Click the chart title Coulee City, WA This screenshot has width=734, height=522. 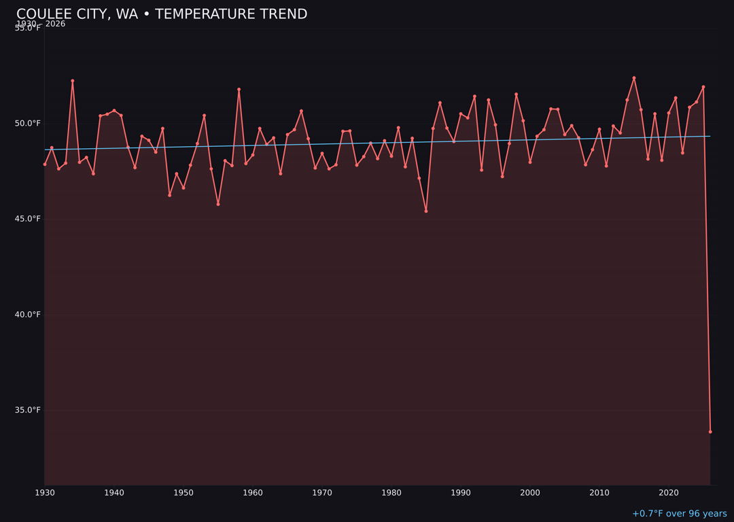[x=162, y=14]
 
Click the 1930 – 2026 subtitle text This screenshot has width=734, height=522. [x=41, y=24]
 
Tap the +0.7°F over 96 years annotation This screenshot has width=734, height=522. [x=679, y=514]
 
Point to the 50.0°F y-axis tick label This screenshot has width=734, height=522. [x=28, y=123]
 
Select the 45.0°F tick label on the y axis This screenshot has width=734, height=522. [x=28, y=218]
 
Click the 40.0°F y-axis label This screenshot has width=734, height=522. [x=28, y=314]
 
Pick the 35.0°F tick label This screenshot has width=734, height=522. [x=28, y=410]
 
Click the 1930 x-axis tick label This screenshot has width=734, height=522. [x=45, y=493]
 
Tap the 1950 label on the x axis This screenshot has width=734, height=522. [x=183, y=493]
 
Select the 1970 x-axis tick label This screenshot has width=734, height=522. [x=322, y=493]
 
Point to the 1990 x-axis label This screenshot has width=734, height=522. [x=461, y=493]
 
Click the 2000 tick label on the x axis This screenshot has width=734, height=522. [x=530, y=493]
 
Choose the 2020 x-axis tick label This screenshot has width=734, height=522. [x=669, y=493]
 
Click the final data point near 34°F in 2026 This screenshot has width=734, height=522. [x=710, y=432]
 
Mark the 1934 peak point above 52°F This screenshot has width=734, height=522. [x=73, y=81]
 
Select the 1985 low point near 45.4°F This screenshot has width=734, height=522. [x=426, y=211]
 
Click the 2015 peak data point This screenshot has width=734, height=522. [x=634, y=78]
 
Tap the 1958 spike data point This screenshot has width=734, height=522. [x=239, y=89]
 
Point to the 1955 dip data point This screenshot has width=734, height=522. [x=218, y=204]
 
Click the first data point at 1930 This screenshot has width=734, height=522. [x=45, y=164]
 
